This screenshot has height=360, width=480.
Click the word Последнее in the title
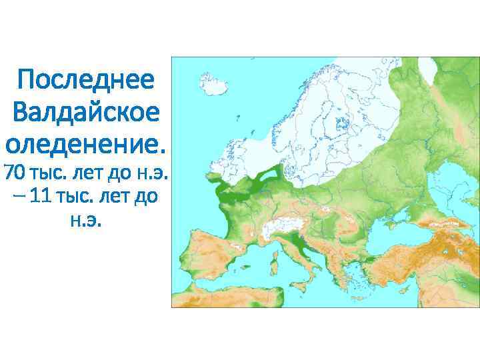point(86,82)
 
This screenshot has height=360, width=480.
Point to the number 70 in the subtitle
point(14,173)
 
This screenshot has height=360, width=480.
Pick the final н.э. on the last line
point(86,221)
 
